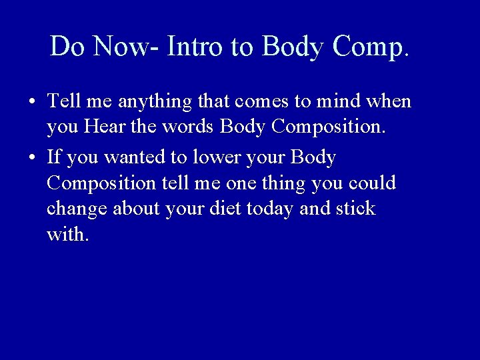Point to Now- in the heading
click(x=127, y=46)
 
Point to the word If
click(x=54, y=158)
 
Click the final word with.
click(x=67, y=234)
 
